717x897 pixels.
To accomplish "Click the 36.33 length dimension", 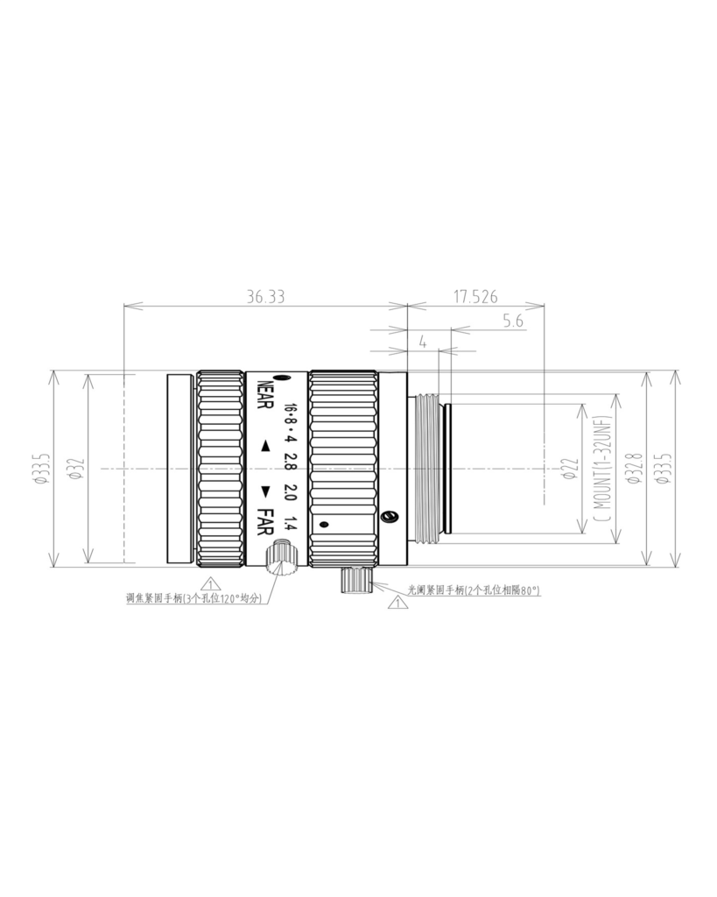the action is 265,297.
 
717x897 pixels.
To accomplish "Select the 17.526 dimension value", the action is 475,297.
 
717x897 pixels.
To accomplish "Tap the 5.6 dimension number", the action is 513,321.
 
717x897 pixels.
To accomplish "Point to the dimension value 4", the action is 423,343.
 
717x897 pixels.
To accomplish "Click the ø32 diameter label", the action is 77,468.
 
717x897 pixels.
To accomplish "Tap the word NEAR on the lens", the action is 265,395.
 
